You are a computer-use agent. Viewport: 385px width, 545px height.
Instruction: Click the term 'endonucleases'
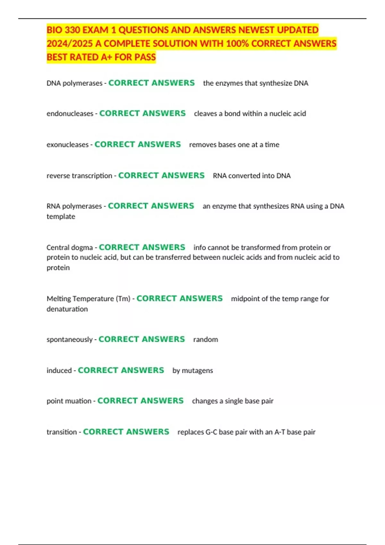point(70,113)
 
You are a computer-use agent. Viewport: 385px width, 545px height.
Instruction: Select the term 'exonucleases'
point(67,145)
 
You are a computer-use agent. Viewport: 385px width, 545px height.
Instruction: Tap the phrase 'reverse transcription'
point(79,176)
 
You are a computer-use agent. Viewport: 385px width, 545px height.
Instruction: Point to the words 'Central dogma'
point(69,247)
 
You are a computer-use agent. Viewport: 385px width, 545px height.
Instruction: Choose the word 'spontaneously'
point(69,340)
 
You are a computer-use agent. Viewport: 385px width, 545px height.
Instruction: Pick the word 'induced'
point(59,371)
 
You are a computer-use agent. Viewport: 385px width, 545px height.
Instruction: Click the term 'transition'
point(62,432)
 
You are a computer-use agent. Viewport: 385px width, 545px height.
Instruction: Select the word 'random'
point(205,340)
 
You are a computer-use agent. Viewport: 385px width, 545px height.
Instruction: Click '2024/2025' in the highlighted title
point(70,44)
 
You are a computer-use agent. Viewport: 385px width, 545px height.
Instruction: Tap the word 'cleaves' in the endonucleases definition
point(205,113)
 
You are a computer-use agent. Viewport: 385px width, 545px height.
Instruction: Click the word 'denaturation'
point(67,309)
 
